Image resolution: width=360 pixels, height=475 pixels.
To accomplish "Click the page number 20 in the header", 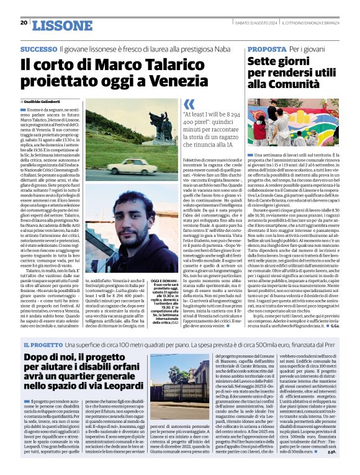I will pyautogui.click(x=24, y=22).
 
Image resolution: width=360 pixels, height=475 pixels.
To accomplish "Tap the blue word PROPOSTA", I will pyautogui.click(x=266, y=49).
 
